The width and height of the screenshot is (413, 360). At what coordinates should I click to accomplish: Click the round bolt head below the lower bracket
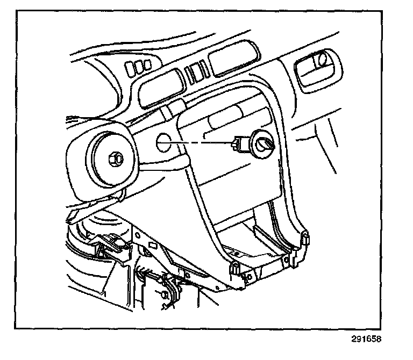coord(162,294)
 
